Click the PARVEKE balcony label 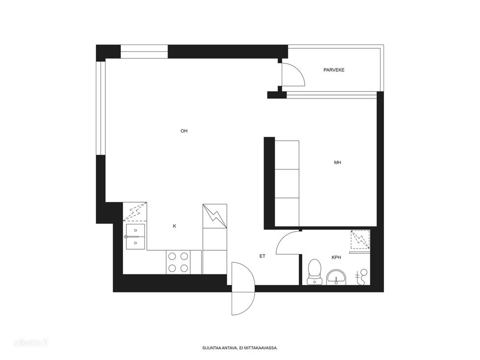tap(334, 70)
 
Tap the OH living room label tap(184, 131)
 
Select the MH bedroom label tap(337, 163)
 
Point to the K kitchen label tap(174, 226)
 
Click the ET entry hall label tap(263, 256)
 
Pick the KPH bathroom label tap(336, 258)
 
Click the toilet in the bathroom tap(314, 272)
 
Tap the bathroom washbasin tap(336, 277)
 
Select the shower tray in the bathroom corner tap(360, 239)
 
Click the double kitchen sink tap(135, 237)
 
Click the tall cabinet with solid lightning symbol tap(215, 216)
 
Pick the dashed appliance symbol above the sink tap(135, 212)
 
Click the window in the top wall tap(144, 52)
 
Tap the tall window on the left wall tap(101, 108)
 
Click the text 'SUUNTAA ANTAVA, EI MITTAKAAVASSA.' tap(240, 348)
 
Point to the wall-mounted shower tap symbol tap(362, 276)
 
